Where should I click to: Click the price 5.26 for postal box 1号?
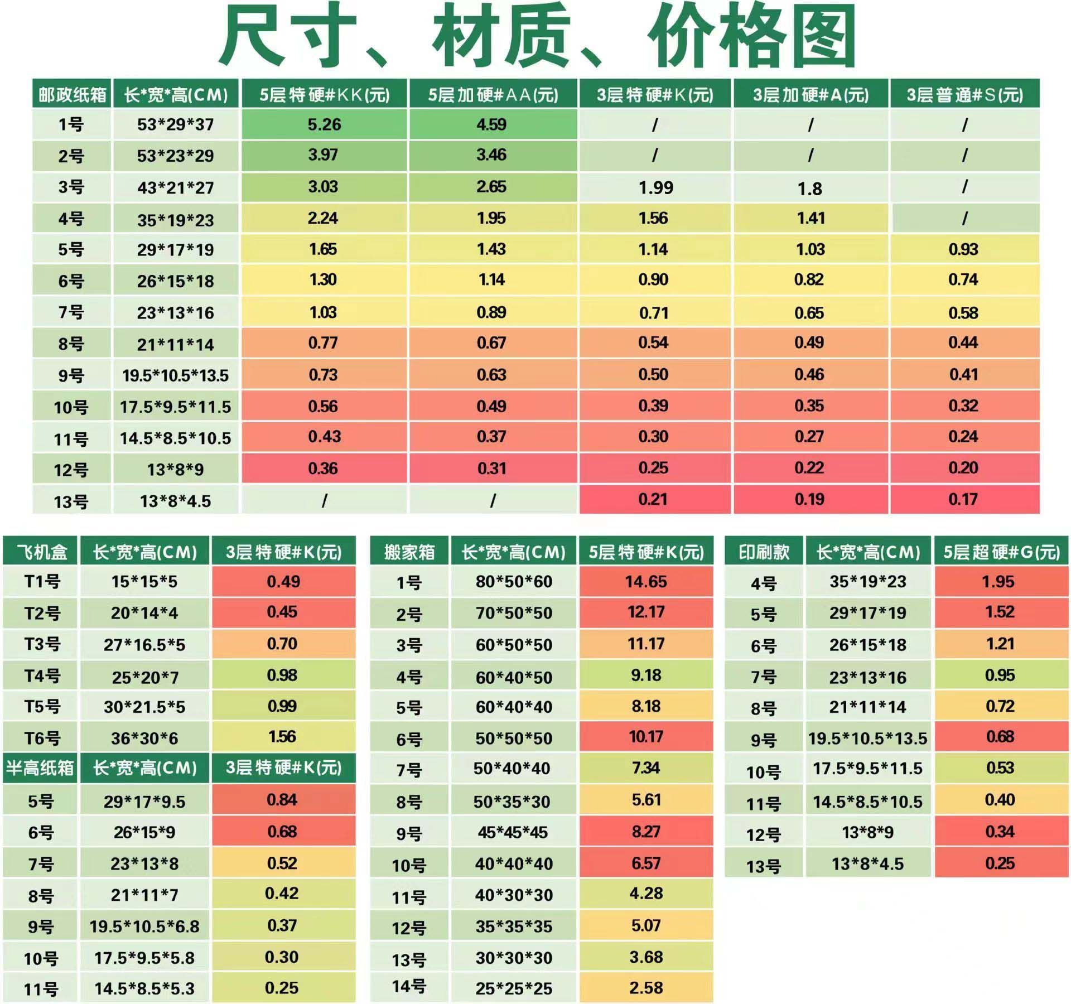(324, 124)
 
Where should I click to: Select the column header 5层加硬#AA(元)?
(493, 95)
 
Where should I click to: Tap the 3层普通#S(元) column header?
(964, 95)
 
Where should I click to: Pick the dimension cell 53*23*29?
(176, 156)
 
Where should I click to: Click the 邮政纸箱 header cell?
(72, 95)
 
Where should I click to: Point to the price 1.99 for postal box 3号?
(655, 188)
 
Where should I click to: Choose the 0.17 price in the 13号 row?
(963, 499)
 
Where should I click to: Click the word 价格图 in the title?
(753, 36)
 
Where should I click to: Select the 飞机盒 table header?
(41, 552)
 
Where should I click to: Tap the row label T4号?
(41, 676)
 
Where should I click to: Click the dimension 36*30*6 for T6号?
(144, 738)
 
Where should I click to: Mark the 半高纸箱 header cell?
(40, 768)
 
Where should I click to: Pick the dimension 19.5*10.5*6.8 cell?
(144, 926)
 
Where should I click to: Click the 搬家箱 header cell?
(409, 552)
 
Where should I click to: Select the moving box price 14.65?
(646, 582)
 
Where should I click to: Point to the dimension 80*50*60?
(514, 582)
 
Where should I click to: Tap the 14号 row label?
(409, 987)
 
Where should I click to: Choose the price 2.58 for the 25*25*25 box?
(646, 988)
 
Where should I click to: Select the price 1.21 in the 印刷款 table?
(1000, 644)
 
